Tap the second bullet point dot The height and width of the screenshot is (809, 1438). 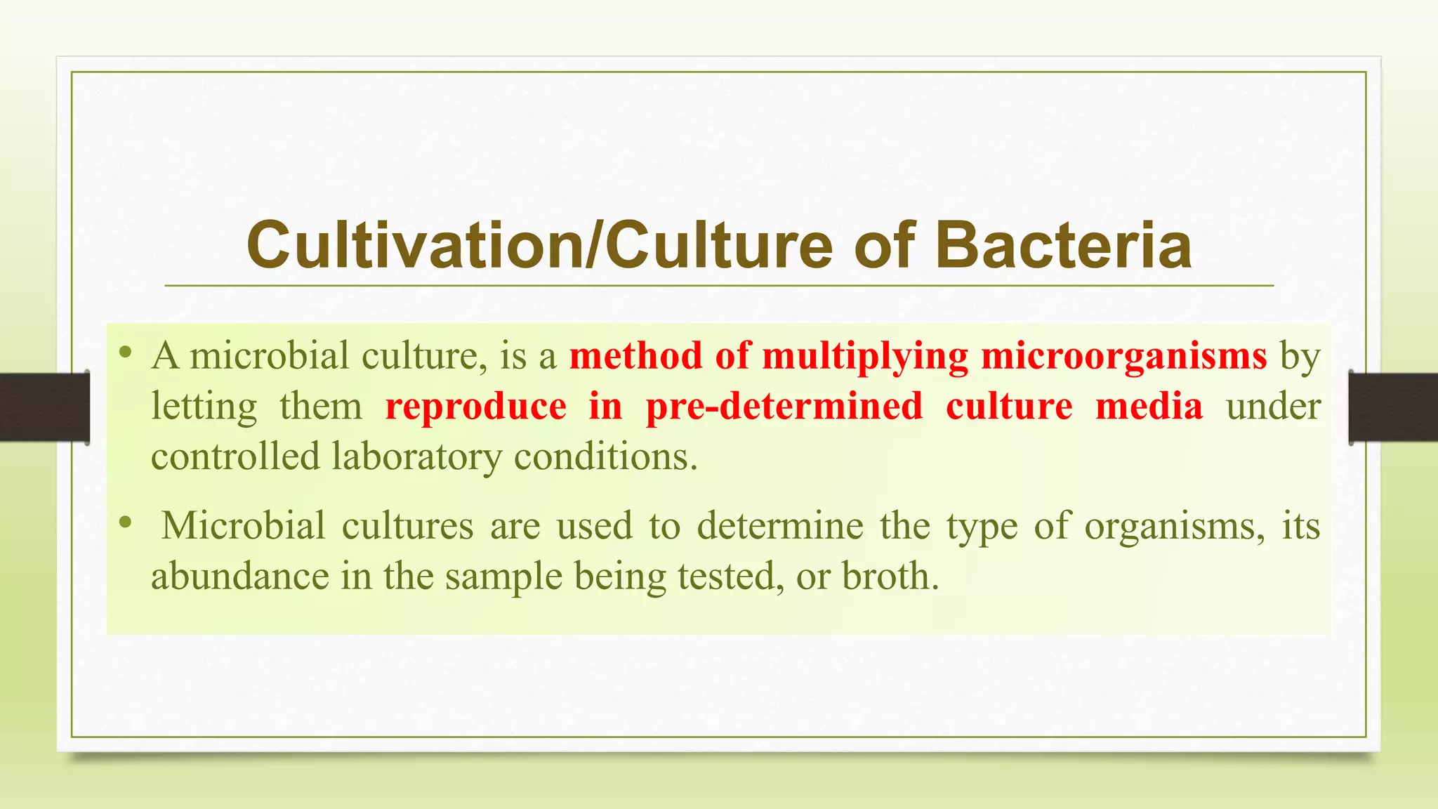coord(126,522)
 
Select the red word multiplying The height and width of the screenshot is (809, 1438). coord(865,357)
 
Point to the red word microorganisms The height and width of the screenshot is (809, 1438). coord(1123,355)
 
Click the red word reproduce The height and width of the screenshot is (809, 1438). coord(475,407)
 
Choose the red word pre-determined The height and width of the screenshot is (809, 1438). coord(784,407)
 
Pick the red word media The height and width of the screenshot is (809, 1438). coord(1149,407)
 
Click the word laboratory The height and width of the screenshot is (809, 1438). coord(417,458)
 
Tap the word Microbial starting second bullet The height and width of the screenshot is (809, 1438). coord(243,526)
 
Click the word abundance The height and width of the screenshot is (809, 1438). coord(240,577)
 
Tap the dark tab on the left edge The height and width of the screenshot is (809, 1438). coord(44,407)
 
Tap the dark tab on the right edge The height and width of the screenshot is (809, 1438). coord(1393,407)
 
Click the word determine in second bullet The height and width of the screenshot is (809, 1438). coord(779,526)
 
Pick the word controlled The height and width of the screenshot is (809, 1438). coord(235,457)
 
